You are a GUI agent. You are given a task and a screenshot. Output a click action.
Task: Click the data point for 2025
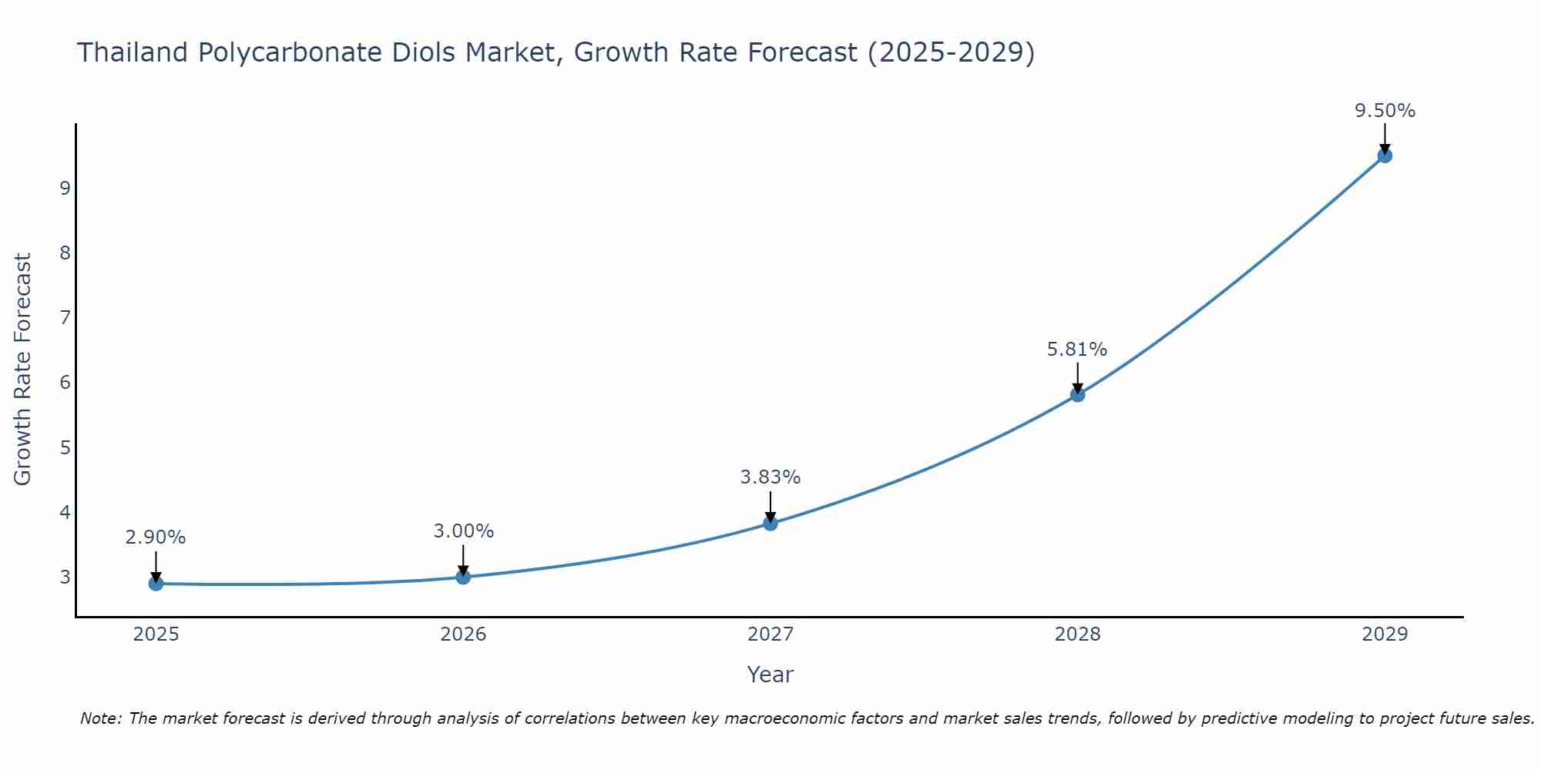156,584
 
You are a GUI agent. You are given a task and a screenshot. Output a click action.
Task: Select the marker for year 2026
463,577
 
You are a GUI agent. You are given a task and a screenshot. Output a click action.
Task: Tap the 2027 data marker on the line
770,524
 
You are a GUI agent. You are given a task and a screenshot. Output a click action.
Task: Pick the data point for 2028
1077,395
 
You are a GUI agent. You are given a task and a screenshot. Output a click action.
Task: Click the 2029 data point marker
1385,156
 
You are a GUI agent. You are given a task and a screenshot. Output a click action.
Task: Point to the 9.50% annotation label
1385,111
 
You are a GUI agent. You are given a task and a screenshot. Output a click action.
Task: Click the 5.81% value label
1076,350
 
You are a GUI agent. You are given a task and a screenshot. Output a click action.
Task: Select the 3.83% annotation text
770,477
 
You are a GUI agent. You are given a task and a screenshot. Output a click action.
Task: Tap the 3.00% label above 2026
463,531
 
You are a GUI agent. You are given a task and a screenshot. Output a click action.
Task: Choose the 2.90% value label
156,537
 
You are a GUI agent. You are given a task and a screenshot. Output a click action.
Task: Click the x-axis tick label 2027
770,634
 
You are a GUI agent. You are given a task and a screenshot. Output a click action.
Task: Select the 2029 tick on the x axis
1385,634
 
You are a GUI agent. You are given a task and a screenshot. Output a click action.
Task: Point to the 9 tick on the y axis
65,188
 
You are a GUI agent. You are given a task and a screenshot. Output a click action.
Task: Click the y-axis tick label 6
65,383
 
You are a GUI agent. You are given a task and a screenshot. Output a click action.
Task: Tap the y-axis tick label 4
65,512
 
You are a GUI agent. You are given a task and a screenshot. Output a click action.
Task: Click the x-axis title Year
770,675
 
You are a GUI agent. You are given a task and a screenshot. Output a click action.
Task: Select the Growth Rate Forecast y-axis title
23,370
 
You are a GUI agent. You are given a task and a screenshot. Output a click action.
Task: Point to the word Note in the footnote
100,718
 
